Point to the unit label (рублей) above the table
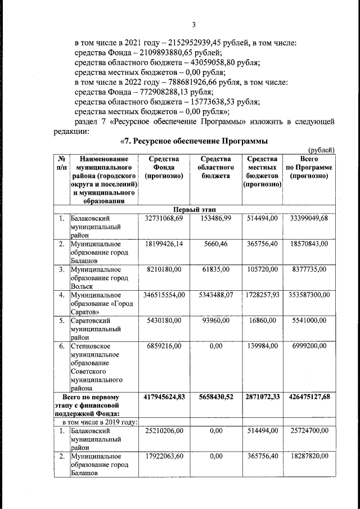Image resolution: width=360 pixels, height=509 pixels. pyautogui.click(x=322, y=149)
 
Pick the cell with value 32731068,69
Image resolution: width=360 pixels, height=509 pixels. pyautogui.click(x=164, y=218)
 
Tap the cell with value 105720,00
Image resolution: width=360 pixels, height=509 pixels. pyautogui.click(x=262, y=270)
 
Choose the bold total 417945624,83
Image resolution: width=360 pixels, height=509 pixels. pyautogui.click(x=164, y=397)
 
